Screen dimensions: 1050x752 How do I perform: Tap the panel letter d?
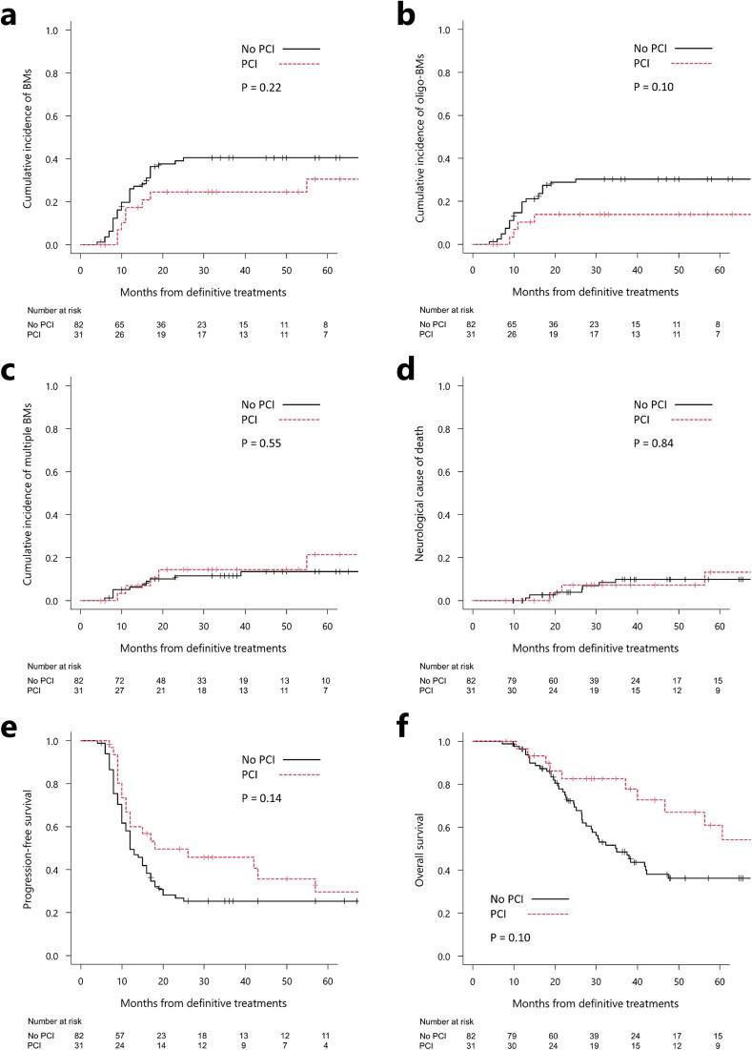coord(403,367)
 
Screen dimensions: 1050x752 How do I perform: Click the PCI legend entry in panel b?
coord(644,63)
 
